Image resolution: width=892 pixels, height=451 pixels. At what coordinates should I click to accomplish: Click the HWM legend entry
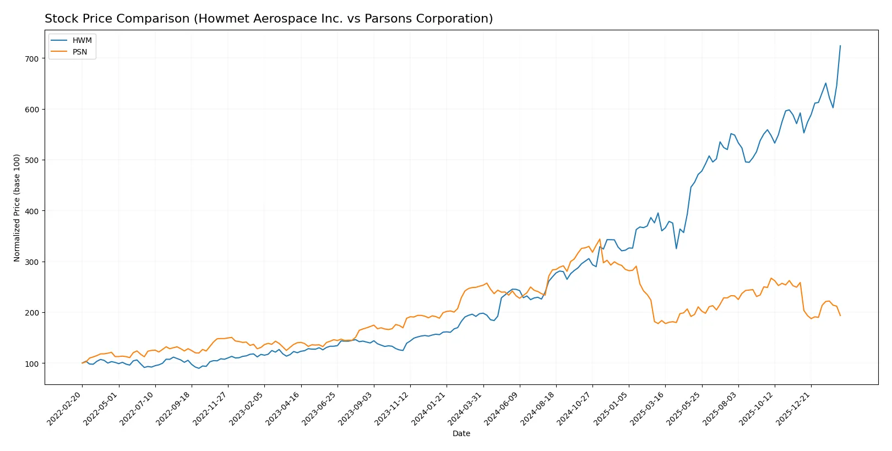tap(81, 41)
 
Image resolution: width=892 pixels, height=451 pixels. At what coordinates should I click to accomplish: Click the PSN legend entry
tap(79, 52)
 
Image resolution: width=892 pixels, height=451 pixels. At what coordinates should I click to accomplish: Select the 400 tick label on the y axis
tap(31, 211)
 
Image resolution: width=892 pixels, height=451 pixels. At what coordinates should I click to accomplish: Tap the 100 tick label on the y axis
tap(31, 363)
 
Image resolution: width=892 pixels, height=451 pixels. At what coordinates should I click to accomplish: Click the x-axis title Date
tap(461, 433)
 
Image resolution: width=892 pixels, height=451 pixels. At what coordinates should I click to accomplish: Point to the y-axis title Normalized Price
tap(17, 208)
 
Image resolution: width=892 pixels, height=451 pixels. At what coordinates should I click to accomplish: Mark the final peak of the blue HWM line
tap(840, 46)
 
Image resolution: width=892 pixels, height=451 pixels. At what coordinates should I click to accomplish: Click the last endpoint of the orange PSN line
tap(840, 316)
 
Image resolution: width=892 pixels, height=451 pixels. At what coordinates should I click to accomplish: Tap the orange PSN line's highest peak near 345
tap(600, 239)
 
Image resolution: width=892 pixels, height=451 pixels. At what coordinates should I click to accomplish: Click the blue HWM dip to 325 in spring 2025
tap(676, 248)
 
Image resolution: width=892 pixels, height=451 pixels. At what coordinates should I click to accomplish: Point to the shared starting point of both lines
tap(82, 363)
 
